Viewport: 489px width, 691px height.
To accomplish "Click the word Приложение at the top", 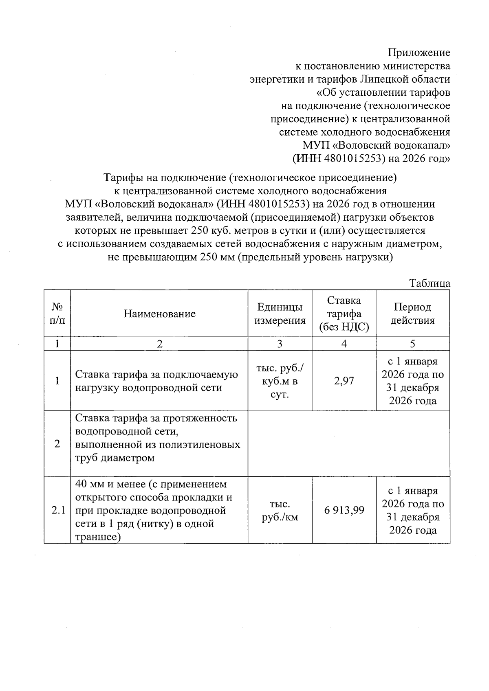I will click(419, 53).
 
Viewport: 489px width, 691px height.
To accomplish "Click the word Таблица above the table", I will click(430, 283).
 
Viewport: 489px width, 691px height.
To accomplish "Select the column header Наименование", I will click(159, 314).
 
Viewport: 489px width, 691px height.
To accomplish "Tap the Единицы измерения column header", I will click(280, 314).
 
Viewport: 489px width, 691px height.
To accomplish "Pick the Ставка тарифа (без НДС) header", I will click(344, 314).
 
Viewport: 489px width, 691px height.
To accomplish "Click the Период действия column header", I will click(412, 314).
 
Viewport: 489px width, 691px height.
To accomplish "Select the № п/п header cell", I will click(57, 314).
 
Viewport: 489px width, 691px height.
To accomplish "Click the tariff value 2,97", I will click(344, 381).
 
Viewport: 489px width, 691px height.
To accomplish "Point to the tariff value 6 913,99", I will click(344, 510).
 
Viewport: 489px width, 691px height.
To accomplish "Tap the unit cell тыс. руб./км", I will click(280, 510).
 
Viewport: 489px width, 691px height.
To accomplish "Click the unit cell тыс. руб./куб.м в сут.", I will click(280, 381).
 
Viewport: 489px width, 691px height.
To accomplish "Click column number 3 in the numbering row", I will click(280, 344).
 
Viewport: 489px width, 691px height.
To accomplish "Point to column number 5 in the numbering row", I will click(412, 344).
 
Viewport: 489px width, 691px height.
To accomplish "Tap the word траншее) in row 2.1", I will click(98, 537).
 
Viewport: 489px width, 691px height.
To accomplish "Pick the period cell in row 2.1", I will click(412, 510).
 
